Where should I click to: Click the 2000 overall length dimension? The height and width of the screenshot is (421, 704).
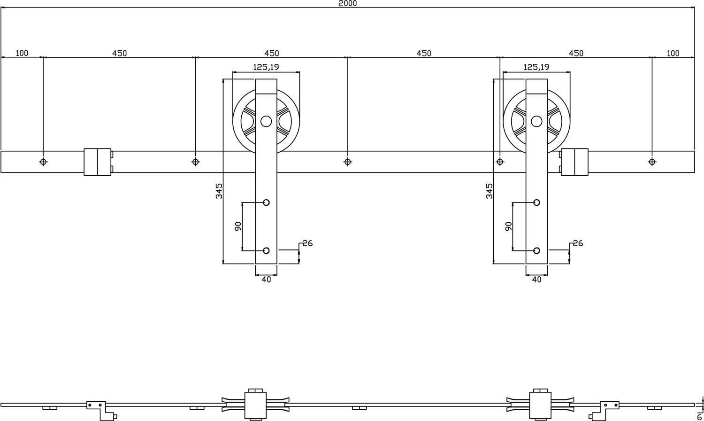pos(347,3)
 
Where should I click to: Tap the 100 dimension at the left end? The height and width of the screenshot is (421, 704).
pos(22,53)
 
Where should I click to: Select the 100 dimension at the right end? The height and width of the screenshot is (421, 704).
pos(673,53)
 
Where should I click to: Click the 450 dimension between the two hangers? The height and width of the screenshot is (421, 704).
pos(423,53)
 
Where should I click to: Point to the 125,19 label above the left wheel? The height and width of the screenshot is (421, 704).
pos(266,67)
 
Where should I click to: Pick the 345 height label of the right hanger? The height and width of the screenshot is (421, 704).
pos(489,191)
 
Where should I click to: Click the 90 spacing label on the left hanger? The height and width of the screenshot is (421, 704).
pos(237,226)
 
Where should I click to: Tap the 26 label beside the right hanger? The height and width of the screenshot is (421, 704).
pos(578,243)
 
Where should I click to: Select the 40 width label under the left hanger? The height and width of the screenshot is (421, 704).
pos(266,280)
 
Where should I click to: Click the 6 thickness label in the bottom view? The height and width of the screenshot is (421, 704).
pos(699,416)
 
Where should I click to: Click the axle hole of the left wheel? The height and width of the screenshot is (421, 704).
pos(266,122)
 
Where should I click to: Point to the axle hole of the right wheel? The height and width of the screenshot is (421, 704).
pos(536,122)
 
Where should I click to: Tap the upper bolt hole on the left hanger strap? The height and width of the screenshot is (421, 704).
pos(266,203)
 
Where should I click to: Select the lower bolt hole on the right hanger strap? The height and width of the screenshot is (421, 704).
pos(536,250)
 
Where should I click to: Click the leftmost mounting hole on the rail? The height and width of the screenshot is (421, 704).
pos(43,162)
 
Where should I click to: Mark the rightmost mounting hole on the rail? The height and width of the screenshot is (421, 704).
pos(652,162)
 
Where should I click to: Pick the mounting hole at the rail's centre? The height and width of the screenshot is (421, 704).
pos(347,162)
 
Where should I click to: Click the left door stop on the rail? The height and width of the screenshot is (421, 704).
pos(98,162)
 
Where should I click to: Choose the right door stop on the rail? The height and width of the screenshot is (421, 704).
pos(574,162)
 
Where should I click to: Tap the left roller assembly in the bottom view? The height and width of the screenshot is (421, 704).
pos(256,404)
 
